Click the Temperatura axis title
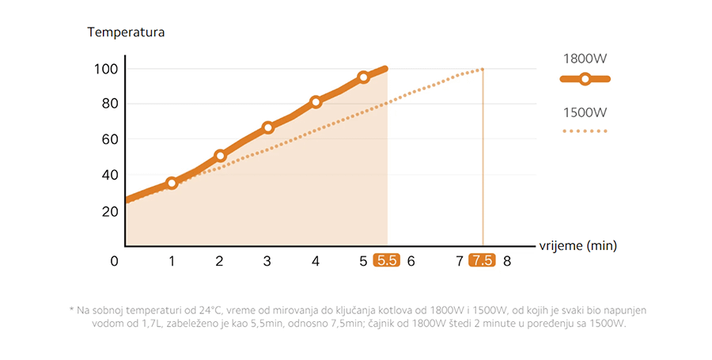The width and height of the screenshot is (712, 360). coord(126,33)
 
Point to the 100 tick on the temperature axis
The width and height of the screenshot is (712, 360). coord(105,69)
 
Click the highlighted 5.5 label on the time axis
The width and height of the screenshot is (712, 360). coord(387,260)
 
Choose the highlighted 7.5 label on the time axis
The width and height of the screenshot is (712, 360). coord(482,260)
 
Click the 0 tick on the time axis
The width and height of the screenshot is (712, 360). coord(116,261)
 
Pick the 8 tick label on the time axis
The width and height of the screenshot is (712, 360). coord(507,261)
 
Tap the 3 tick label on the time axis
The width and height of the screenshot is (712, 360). coord(267,261)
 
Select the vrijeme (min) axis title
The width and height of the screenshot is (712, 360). coord(578,245)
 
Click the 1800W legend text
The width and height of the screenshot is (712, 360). coord(585,59)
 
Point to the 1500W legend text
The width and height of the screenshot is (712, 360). coord(585,112)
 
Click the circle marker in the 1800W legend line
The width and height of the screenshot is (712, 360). coord(585,79)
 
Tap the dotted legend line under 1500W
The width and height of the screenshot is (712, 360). coord(585,131)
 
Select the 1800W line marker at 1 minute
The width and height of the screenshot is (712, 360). coord(172,183)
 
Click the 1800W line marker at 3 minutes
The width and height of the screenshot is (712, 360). coord(268,127)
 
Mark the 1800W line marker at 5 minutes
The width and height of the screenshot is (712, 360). coord(363,78)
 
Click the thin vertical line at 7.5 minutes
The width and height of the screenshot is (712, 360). coord(483,158)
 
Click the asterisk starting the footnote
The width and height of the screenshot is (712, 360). coord(72,310)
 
